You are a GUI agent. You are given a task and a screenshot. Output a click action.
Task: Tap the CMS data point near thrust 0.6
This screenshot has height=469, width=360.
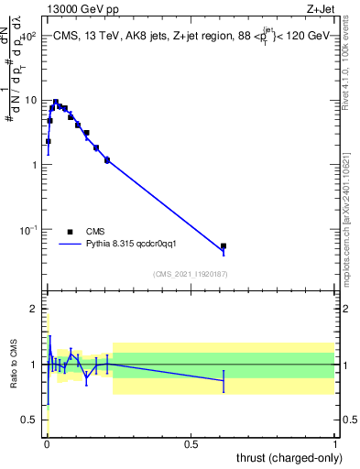point(224,245)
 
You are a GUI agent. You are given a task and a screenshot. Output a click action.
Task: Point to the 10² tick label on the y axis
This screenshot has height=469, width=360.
point(29,37)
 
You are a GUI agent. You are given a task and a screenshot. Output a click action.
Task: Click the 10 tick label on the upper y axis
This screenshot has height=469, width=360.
point(31,101)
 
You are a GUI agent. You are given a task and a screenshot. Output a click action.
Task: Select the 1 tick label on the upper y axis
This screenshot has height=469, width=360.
point(36,165)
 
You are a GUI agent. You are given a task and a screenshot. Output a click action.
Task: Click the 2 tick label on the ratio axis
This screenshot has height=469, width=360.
point(36,309)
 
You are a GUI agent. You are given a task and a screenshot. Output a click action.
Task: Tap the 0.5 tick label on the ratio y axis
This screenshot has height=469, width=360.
point(31,420)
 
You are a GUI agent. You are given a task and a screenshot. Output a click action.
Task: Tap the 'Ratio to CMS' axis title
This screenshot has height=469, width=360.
point(14,365)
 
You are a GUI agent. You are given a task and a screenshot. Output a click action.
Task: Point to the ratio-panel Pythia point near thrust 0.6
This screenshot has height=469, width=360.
point(224,380)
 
